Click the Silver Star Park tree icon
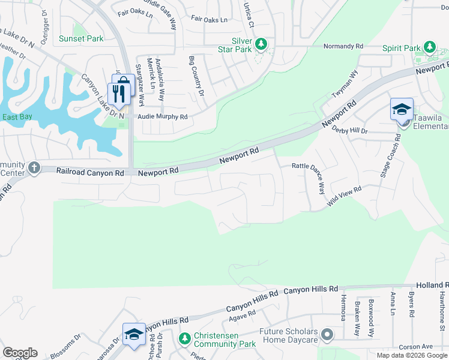(x=261, y=44)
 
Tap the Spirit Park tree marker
(x=429, y=47)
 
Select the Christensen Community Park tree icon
(x=185, y=339)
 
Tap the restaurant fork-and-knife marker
(x=118, y=94)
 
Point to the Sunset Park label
(x=81, y=38)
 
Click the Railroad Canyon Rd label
(x=90, y=172)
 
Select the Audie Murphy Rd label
(x=163, y=117)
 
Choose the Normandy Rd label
(x=343, y=46)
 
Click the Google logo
(x=20, y=353)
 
